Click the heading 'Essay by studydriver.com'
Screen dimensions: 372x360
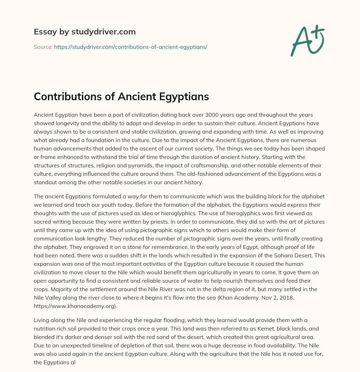click(85, 32)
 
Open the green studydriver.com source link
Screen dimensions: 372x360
click(131, 46)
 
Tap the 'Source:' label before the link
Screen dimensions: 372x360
click(43, 46)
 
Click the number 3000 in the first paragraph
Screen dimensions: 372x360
click(224, 115)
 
